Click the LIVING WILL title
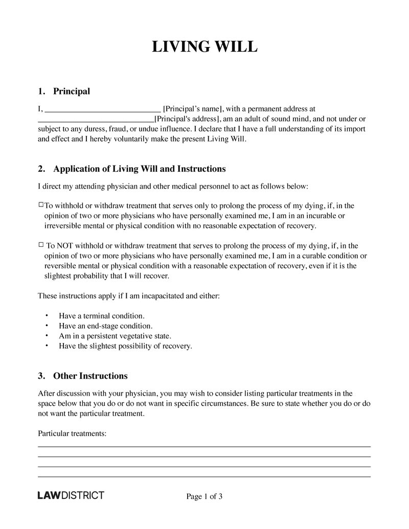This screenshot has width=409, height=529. [204, 47]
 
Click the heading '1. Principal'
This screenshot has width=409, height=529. [64, 91]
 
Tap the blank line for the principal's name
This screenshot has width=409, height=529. [103, 109]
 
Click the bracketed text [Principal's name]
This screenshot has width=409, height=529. [192, 109]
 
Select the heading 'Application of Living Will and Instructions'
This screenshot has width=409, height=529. [139, 169]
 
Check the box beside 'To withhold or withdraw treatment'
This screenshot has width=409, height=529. [41, 205]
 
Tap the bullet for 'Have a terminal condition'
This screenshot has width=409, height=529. [47, 315]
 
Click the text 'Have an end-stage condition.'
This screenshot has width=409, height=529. [105, 326]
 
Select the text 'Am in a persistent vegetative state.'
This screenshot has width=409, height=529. [115, 336]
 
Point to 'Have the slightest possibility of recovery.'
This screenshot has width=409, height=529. [125, 346]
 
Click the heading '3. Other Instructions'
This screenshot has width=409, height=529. [83, 376]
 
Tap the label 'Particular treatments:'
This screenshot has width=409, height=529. [72, 433]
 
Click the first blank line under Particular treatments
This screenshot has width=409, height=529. [204, 446]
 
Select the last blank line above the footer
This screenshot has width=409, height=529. [204, 476]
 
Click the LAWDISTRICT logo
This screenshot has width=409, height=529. [71, 495]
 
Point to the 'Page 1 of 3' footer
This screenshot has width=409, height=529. [204, 496]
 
